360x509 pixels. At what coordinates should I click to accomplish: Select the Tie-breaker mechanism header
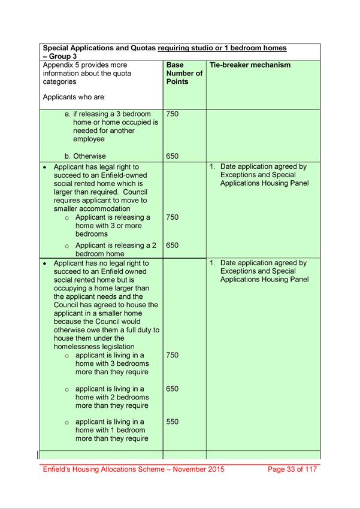[x=250, y=65]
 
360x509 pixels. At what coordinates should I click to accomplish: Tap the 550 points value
[x=173, y=422]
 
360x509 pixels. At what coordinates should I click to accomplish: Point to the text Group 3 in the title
[x=64, y=56]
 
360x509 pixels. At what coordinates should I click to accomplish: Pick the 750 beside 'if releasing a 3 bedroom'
[x=173, y=114]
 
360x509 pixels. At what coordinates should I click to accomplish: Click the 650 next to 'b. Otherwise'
[x=173, y=156]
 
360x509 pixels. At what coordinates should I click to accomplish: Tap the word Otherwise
[x=92, y=156]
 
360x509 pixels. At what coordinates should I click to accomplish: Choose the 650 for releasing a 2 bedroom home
[x=173, y=245]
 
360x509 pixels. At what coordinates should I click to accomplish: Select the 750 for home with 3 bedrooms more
[x=173, y=355]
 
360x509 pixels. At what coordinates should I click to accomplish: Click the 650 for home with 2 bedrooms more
[x=173, y=389]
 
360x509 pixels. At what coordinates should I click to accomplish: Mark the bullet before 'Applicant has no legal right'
[x=46, y=263]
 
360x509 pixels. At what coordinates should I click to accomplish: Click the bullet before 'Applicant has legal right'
[x=46, y=167]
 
